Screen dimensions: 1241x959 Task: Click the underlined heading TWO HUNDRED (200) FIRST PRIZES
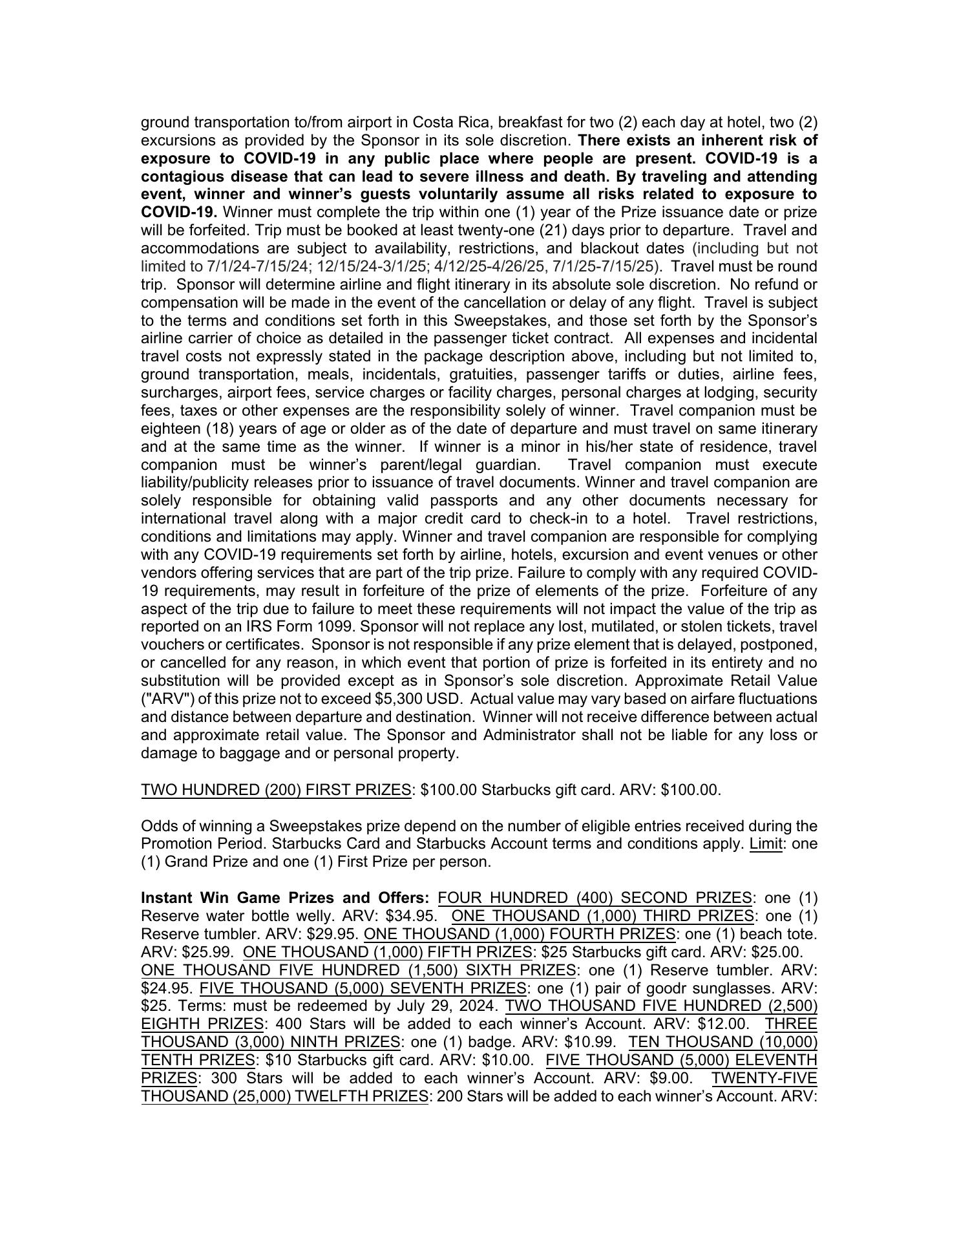pos(276,790)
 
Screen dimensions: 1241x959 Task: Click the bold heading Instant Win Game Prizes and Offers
pos(285,898)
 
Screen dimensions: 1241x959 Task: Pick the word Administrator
pos(522,735)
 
